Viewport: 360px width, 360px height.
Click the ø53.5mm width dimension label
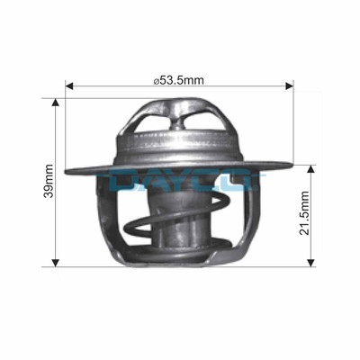(x=181, y=80)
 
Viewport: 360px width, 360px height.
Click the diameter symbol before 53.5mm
(x=157, y=80)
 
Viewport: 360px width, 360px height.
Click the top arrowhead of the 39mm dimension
(x=56, y=102)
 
